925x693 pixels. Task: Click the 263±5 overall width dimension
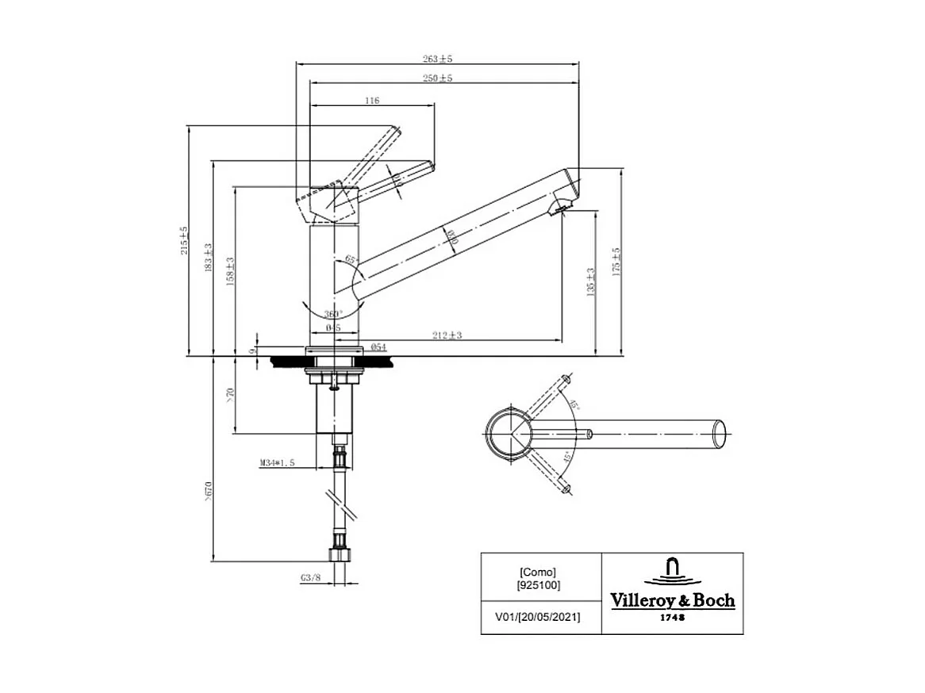(437, 59)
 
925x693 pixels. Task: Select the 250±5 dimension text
(437, 78)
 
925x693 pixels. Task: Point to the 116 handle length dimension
(372, 101)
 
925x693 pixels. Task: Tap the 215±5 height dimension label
(183, 240)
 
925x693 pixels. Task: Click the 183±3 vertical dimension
(208, 258)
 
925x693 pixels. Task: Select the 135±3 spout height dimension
(590, 280)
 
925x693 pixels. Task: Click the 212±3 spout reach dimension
(447, 335)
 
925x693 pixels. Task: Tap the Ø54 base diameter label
(378, 347)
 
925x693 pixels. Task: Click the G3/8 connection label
(311, 579)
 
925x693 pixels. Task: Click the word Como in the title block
(537, 572)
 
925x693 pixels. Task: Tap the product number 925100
(539, 585)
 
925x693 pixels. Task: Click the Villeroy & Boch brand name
(672, 600)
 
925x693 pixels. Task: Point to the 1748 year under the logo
(673, 617)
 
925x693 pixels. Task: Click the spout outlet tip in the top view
(720, 433)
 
